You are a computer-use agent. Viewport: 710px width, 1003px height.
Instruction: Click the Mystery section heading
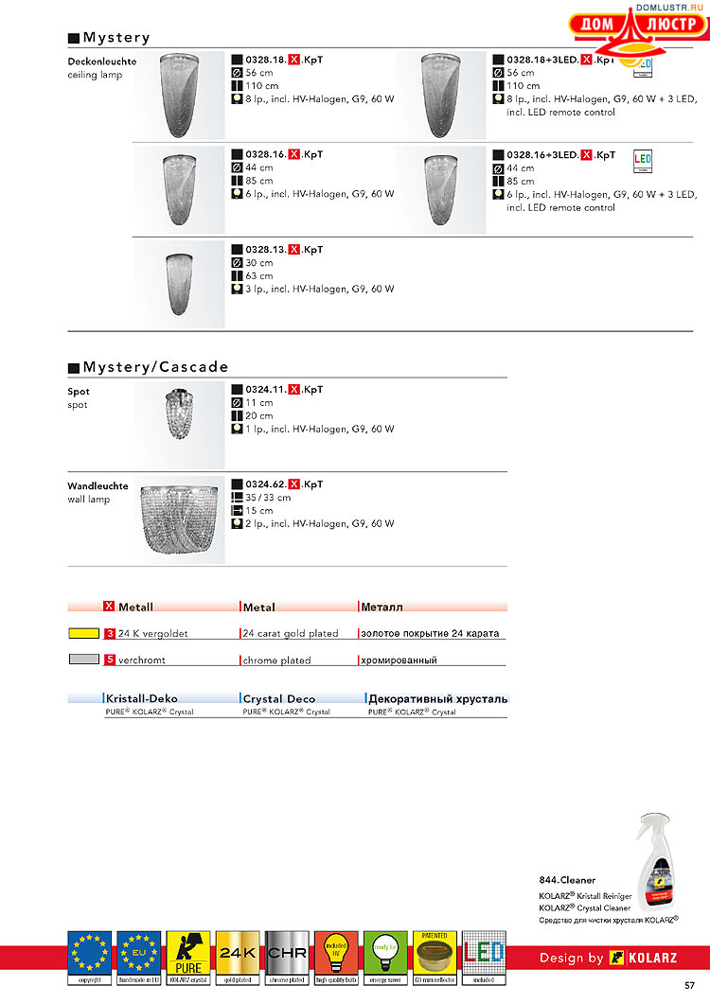click(115, 38)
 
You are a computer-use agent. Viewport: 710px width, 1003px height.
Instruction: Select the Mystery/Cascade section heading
click(155, 367)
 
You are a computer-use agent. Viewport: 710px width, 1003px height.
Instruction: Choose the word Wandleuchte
click(98, 486)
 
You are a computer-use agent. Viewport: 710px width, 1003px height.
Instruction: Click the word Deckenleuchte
click(101, 62)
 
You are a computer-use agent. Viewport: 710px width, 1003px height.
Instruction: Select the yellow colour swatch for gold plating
click(83, 633)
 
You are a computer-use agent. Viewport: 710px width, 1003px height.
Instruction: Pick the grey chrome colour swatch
click(83, 660)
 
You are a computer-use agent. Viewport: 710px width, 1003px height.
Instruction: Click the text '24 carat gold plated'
click(291, 634)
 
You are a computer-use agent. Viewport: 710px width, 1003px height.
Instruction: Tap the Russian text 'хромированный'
click(398, 660)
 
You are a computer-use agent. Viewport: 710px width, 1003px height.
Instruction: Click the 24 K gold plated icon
click(238, 953)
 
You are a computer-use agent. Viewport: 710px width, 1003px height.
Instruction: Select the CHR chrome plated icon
click(287, 953)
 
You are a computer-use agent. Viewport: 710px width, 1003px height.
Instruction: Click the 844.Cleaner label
click(568, 880)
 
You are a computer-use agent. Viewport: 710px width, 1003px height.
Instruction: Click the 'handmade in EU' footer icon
click(139, 953)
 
